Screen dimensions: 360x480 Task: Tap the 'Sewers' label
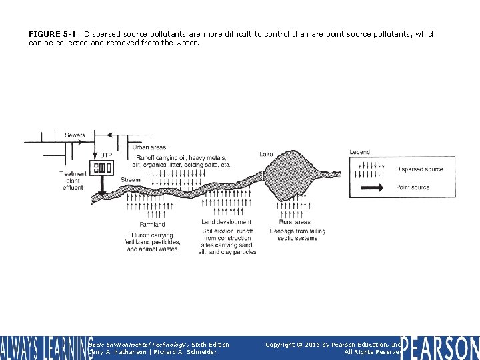coord(75,135)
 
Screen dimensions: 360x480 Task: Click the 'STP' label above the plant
coord(105,155)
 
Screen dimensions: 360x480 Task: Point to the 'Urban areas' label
coord(149,147)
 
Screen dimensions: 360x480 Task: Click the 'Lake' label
coord(266,154)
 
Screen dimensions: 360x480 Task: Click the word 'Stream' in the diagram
coord(131,180)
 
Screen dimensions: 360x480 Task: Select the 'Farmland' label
coord(152,225)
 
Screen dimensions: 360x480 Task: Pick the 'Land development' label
coord(226,222)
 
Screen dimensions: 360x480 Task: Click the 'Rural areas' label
coord(295,222)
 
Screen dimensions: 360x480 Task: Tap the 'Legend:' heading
coord(361,152)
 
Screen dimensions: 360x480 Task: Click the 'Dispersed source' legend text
coord(419,169)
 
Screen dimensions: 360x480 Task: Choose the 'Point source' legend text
coord(413,187)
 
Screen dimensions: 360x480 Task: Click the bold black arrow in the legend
coord(371,188)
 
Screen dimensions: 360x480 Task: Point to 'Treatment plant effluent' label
coord(72,181)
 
